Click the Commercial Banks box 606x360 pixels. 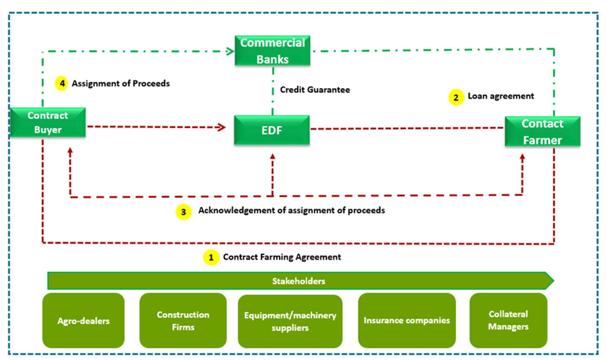pyautogui.click(x=273, y=51)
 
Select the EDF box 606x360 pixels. pyautogui.click(x=272, y=130)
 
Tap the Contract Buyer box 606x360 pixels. pyautogui.click(x=48, y=123)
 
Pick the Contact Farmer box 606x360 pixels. pyautogui.click(x=542, y=132)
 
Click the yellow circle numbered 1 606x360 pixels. pyautogui.click(x=211, y=257)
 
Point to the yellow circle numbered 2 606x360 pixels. pyautogui.click(x=456, y=97)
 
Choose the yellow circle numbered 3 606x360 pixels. pyautogui.click(x=183, y=212)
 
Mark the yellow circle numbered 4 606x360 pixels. pyautogui.click(x=62, y=83)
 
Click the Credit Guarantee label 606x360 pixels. pyautogui.click(x=315, y=90)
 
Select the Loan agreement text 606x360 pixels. pyautogui.click(x=501, y=96)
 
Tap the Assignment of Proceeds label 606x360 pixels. pyautogui.click(x=121, y=83)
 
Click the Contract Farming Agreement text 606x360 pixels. pyautogui.click(x=282, y=257)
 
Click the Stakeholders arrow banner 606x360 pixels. pyautogui.click(x=299, y=281)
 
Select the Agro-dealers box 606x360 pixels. pyautogui.click(x=83, y=321)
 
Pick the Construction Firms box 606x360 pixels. pyautogui.click(x=183, y=321)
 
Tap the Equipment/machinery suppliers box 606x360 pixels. pyautogui.click(x=290, y=321)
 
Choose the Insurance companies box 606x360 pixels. pyautogui.click(x=407, y=320)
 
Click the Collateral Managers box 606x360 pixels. pyautogui.click(x=508, y=320)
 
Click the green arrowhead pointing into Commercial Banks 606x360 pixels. pyautogui.click(x=230, y=52)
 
